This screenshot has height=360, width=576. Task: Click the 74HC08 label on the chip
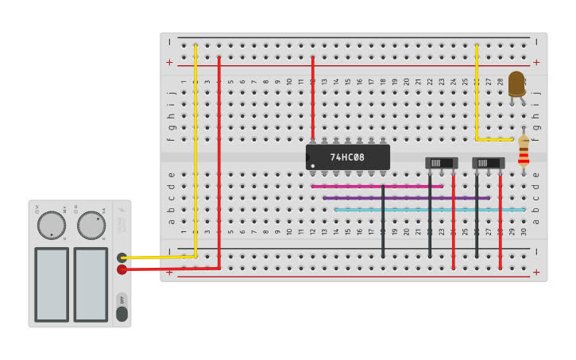(x=347, y=157)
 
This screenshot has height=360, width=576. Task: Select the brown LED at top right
(x=516, y=83)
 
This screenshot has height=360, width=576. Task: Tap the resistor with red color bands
(x=523, y=150)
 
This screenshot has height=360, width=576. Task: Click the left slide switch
(x=441, y=163)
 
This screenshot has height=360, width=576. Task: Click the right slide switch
(x=488, y=163)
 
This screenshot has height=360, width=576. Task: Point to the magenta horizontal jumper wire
(x=377, y=186)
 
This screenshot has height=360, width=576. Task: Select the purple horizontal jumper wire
(x=406, y=198)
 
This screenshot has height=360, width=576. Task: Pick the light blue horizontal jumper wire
(x=430, y=210)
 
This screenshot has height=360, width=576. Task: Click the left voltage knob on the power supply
(x=52, y=225)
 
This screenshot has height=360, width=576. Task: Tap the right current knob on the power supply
(x=91, y=225)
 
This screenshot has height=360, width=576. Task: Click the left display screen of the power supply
(x=52, y=285)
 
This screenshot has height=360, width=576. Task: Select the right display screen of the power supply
(x=91, y=285)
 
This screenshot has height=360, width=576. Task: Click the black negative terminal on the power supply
(x=122, y=257)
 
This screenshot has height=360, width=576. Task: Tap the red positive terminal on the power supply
(x=122, y=269)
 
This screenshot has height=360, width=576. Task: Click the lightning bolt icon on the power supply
(x=122, y=211)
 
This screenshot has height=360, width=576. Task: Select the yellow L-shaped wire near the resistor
(x=477, y=103)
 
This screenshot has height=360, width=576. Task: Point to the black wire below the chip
(x=383, y=223)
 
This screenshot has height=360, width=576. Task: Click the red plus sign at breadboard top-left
(x=169, y=62)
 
